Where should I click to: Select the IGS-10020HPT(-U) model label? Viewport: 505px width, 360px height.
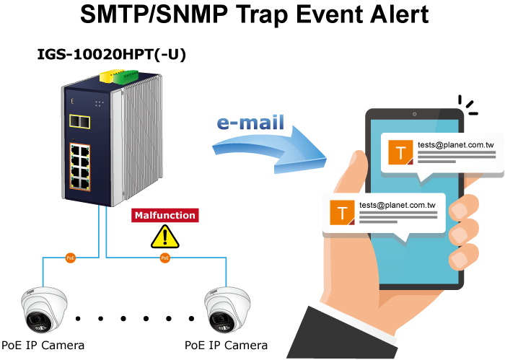tap(111, 53)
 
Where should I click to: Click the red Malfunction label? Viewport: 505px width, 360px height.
tap(164, 215)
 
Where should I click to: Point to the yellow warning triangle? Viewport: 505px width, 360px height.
tap(165, 236)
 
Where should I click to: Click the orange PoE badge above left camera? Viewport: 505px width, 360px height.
tap(70, 258)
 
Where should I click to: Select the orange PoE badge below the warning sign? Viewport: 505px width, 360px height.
tap(165, 258)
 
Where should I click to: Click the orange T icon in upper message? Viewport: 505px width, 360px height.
tap(400, 152)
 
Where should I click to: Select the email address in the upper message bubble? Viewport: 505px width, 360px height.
tap(455, 145)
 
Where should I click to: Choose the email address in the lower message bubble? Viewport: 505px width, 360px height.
tap(398, 205)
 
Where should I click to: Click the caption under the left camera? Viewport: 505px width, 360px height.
tap(43, 345)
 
